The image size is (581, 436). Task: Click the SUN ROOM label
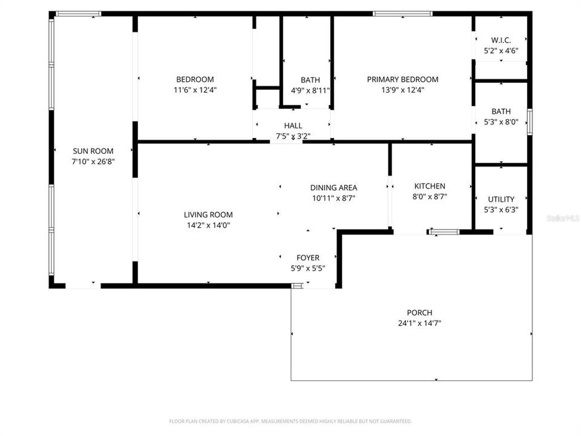pos(93,151)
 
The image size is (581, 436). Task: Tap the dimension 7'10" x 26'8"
pos(93,162)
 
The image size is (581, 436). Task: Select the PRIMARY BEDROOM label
pos(402,79)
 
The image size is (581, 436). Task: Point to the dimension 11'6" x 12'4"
pos(195,90)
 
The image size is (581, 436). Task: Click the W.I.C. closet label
pos(501,41)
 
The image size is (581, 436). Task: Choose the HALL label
pos(293,125)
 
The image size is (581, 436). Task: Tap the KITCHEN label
pos(430,186)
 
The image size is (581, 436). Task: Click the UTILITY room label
pos(501,199)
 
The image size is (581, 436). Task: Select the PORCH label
pos(419,312)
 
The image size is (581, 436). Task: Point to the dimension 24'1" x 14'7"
pos(419,323)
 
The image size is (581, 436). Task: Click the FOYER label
pos(307,258)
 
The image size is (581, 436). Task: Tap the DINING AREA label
pos(333,187)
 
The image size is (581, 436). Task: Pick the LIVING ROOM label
pos(208,214)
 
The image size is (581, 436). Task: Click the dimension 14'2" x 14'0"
pos(208,225)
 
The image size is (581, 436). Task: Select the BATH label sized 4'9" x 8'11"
pos(310,80)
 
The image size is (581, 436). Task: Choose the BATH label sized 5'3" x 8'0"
pos(501,111)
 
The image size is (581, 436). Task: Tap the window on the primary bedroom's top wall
pos(402,13)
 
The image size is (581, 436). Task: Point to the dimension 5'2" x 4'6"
pos(501,51)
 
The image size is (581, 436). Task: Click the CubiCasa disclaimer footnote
pos(290,421)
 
